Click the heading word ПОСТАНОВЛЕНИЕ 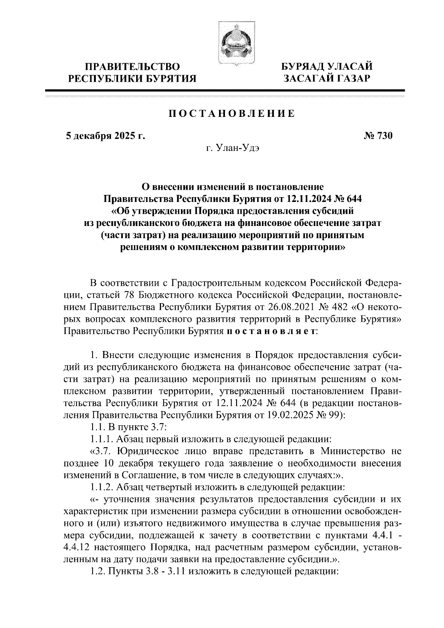pyautogui.click(x=232, y=114)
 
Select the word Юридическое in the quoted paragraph pyautogui.click(x=144, y=451)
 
